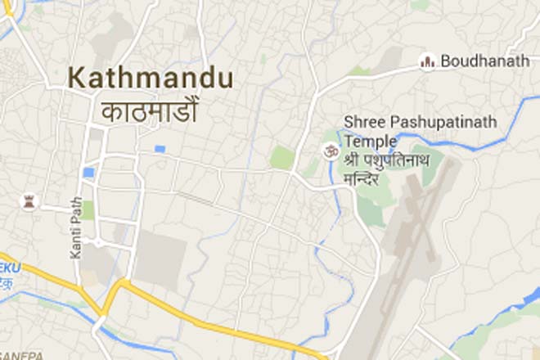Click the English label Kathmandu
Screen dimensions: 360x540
(x=151, y=79)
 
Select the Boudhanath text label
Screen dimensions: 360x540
(x=484, y=61)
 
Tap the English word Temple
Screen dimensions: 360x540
(x=367, y=140)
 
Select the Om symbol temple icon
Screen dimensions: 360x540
(x=331, y=151)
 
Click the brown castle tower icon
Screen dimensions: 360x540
(x=29, y=201)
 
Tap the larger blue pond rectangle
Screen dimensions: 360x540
(x=88, y=173)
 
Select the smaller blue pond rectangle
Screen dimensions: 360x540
(x=160, y=149)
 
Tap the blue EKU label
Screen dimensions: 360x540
(x=11, y=268)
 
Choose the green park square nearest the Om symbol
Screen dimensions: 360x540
(x=282, y=157)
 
